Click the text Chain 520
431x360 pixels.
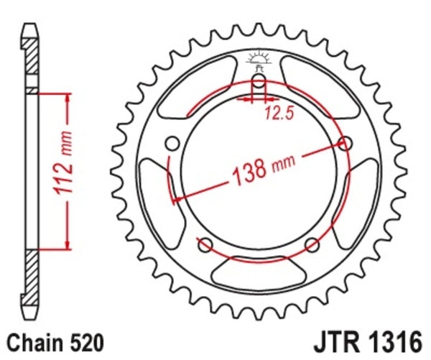[x=54, y=339]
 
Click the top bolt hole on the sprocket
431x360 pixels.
[x=258, y=80]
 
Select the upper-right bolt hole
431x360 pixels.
[x=345, y=143]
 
